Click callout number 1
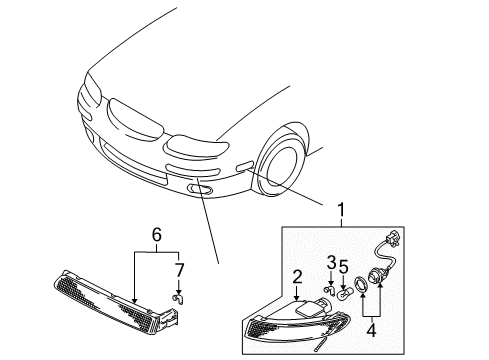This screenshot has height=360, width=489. (341, 210)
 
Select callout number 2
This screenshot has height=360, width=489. (297, 277)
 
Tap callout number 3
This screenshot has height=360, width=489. (331, 262)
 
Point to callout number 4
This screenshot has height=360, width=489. (371, 330)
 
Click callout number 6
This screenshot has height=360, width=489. (157, 234)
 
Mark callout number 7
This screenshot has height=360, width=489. (180, 270)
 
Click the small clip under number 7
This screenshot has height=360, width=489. (179, 299)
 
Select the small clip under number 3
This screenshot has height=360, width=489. (330, 289)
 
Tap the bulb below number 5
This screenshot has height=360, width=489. (344, 293)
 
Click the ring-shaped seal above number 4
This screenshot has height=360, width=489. (361, 285)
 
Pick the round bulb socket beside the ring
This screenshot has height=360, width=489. (375, 276)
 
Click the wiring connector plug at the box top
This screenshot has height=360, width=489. (393, 239)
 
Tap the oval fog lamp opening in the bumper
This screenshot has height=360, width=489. (200, 189)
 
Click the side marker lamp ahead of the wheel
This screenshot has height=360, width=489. (245, 166)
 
